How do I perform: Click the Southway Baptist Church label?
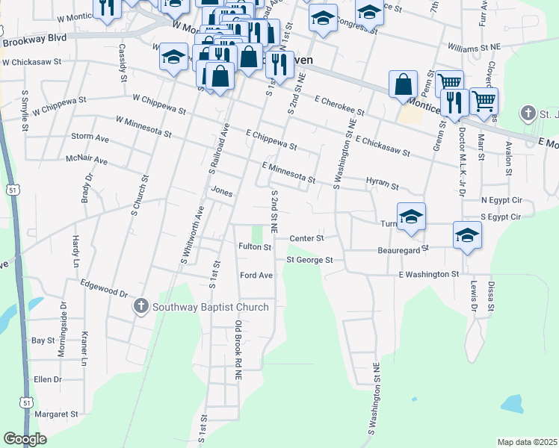[x=210, y=306]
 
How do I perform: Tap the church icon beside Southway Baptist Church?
[x=140, y=306]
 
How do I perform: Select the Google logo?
[x=25, y=439]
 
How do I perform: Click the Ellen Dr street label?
[x=48, y=379]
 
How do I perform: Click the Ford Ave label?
[x=256, y=276]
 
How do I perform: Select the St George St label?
[x=309, y=260]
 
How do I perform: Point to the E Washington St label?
[x=428, y=275]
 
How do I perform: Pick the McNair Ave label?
[x=86, y=160]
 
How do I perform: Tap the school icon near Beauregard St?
[x=467, y=236]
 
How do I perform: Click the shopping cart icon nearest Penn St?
[x=448, y=83]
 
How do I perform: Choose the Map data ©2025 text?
[x=527, y=442]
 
